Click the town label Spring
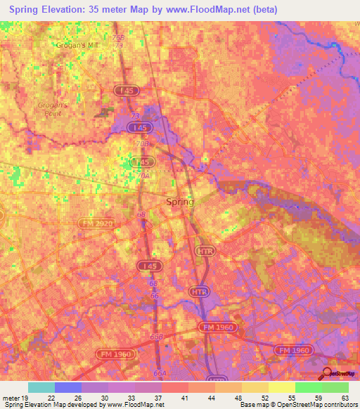[x=179, y=202]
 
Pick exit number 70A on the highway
[x=146, y=177]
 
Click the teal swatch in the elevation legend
[x=41, y=387]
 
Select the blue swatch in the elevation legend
[x=68, y=387]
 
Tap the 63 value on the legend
[x=344, y=397]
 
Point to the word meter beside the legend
[x=9, y=397]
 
